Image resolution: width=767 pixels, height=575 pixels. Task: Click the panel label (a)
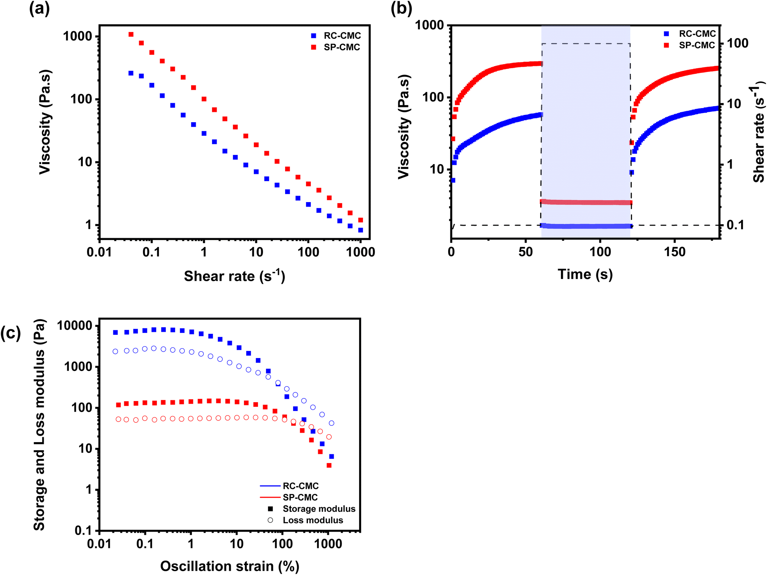39,8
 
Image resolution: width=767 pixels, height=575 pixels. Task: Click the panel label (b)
401,8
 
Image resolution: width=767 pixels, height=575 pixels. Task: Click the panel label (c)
10,333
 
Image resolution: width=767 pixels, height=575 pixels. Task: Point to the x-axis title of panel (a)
234,276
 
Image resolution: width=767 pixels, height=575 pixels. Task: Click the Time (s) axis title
585,274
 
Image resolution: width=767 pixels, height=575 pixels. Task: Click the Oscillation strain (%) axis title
230,566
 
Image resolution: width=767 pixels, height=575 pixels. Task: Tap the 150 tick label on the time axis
674,252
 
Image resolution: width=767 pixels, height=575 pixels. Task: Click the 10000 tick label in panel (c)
74,326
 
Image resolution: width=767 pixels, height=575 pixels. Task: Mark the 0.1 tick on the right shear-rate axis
735,225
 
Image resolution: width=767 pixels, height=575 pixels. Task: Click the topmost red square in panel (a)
131,34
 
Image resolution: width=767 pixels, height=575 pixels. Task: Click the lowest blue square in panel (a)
360,230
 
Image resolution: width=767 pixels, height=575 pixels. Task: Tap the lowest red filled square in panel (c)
329,465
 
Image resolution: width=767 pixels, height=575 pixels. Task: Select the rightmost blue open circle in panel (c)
331,423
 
